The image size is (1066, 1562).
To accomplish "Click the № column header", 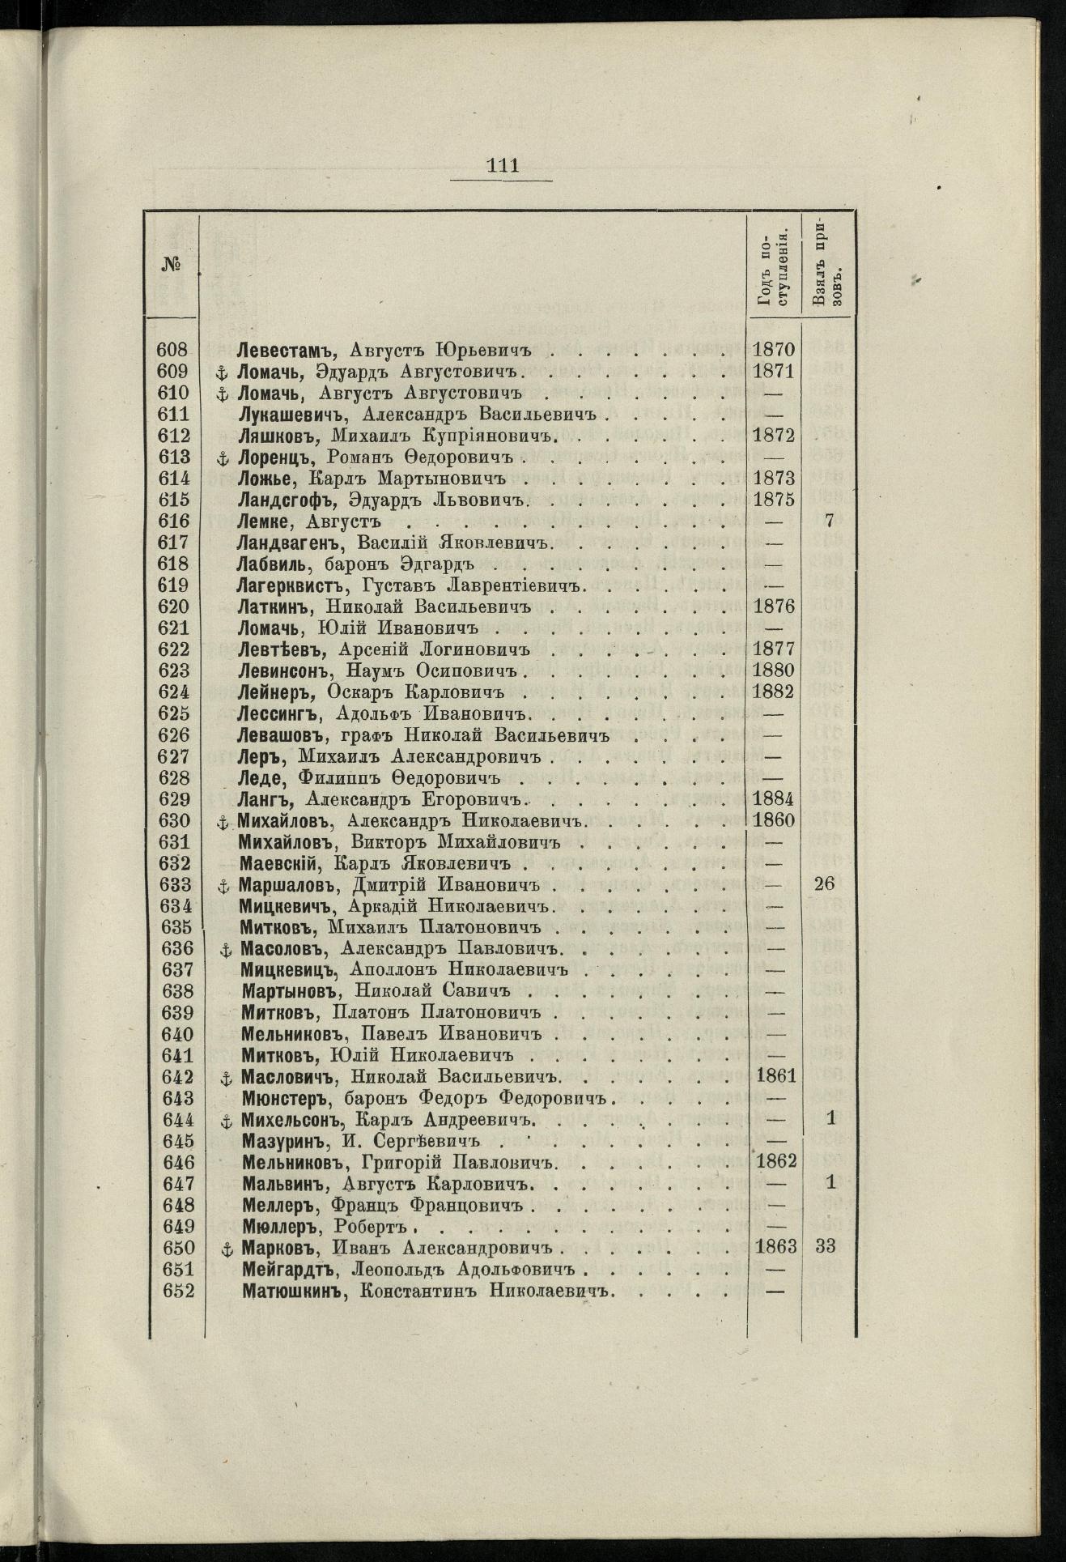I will tap(169, 264).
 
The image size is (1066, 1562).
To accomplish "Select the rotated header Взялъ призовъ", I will tap(828, 264).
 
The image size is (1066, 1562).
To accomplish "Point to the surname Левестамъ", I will tap(278, 350).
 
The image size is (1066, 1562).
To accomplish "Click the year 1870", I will tap(774, 350).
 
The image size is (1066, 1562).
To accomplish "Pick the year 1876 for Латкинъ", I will tap(774, 607).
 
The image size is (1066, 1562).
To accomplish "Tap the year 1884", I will tap(774, 799).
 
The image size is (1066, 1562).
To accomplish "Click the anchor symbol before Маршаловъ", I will tap(224, 885).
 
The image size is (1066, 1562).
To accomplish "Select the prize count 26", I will tap(827, 884).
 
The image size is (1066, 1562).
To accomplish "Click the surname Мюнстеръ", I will tap(287, 1099).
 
